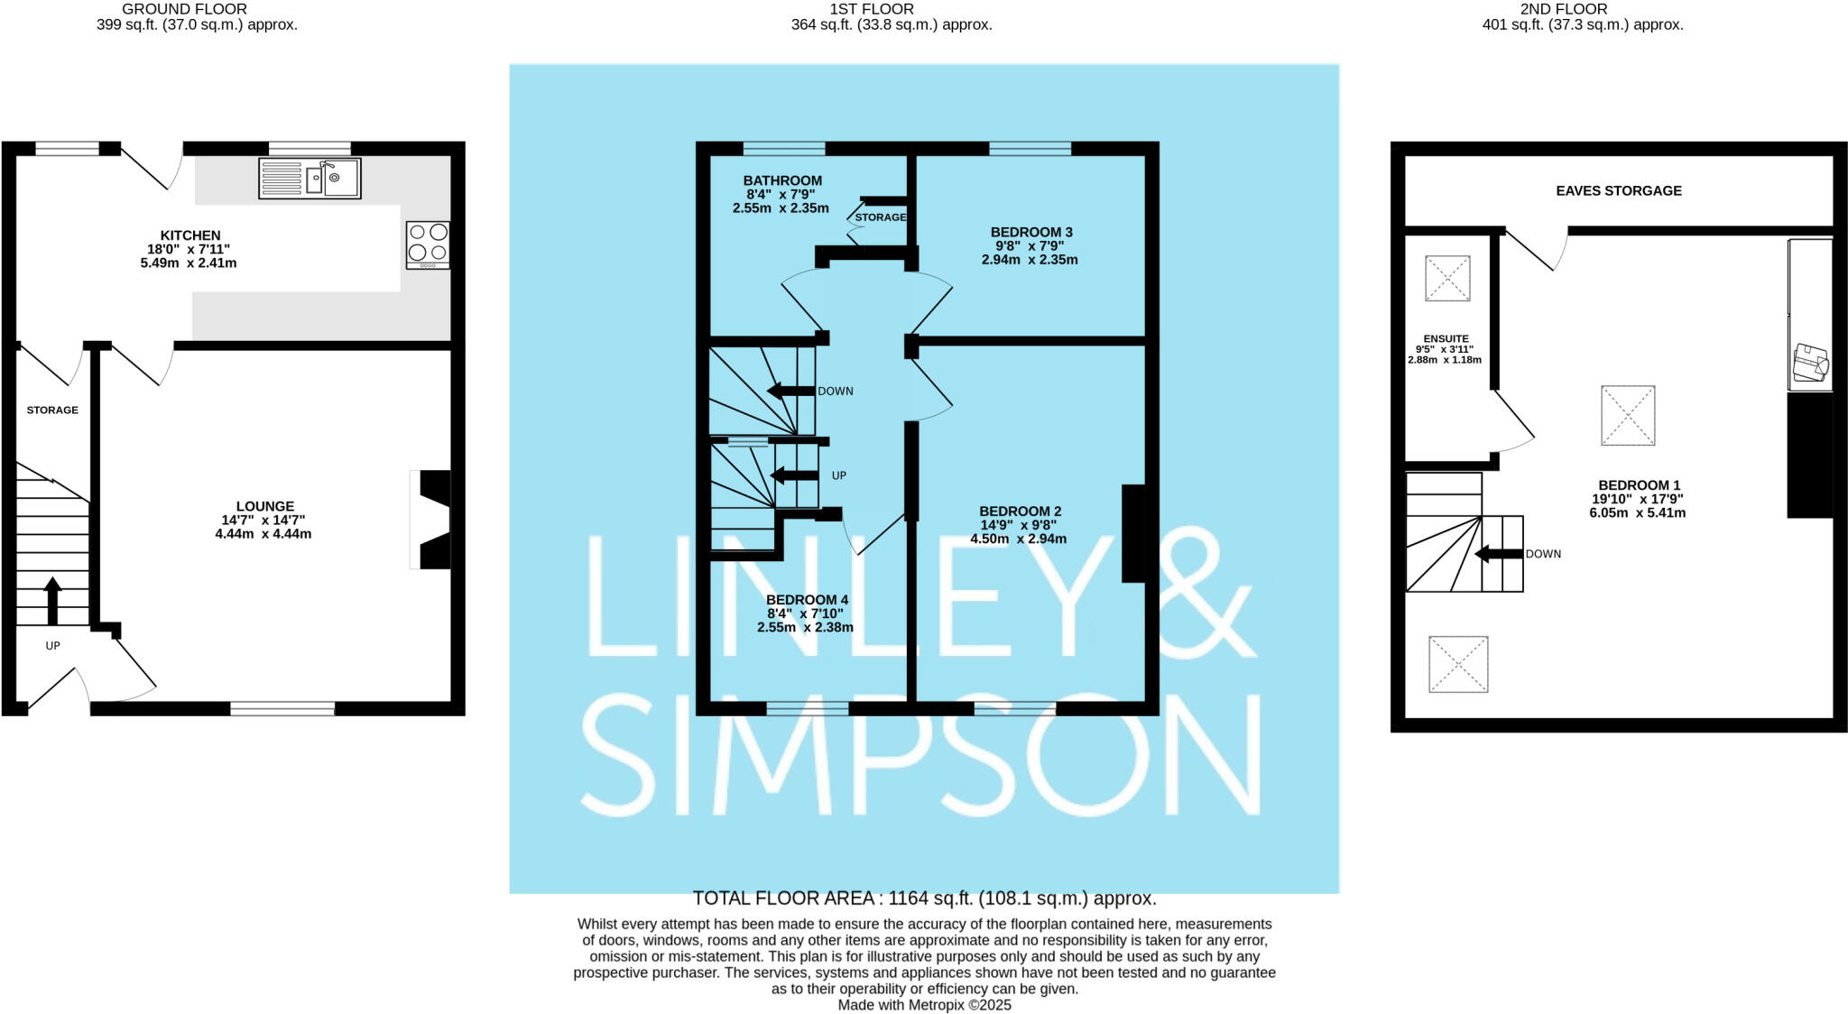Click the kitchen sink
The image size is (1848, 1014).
(x=310, y=178)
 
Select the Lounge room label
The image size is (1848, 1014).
(x=265, y=507)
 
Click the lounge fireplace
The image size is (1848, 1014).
(x=431, y=519)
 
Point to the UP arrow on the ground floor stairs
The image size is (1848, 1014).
(x=52, y=600)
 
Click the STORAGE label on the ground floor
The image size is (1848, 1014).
(x=52, y=410)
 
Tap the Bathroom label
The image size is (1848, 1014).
(x=782, y=180)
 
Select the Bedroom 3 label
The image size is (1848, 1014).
(x=1031, y=232)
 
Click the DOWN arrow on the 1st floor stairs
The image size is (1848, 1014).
(x=791, y=391)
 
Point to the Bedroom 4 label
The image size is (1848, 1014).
(x=807, y=600)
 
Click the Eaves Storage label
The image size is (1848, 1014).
(x=1619, y=191)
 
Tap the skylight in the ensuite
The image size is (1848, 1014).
(x=1447, y=278)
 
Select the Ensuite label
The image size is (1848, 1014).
(x=1446, y=339)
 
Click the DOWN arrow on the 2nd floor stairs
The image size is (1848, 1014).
(x=1499, y=554)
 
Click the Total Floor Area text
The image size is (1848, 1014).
(x=924, y=899)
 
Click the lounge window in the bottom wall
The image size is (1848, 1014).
(x=282, y=709)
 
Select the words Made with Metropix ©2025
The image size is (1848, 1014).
(x=924, y=1005)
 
